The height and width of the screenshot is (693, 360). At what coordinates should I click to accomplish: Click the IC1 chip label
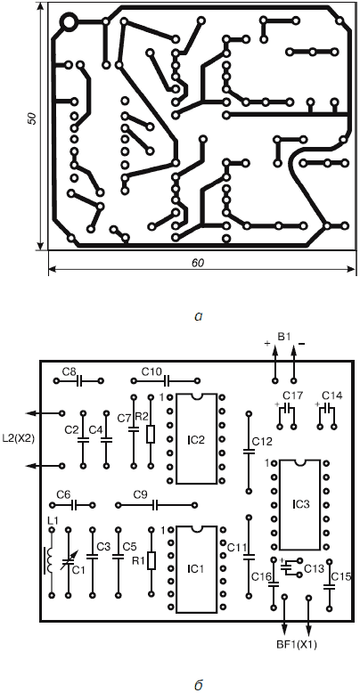(197, 568)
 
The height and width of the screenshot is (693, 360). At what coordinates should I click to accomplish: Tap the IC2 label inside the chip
(197, 440)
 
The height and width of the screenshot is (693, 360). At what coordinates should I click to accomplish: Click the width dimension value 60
(198, 262)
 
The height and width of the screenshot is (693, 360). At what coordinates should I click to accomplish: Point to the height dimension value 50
(31, 118)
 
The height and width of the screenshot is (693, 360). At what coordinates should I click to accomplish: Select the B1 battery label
(283, 338)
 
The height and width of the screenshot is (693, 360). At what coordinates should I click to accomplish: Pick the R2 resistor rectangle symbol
(151, 434)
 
